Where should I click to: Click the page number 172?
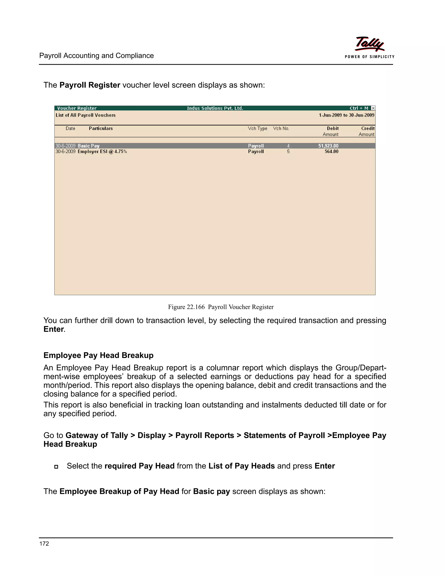44,543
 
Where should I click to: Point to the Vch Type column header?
257,128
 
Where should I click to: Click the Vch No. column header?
281,128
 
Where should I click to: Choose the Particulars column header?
101,128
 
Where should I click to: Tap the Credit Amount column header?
367,131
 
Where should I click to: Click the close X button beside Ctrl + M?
373,108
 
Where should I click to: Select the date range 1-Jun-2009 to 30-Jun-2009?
346,115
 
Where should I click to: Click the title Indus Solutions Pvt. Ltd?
215,108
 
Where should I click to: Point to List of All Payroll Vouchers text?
85,115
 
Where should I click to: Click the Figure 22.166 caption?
221,307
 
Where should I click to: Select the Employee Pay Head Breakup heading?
98,355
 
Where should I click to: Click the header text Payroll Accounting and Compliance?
96,56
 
